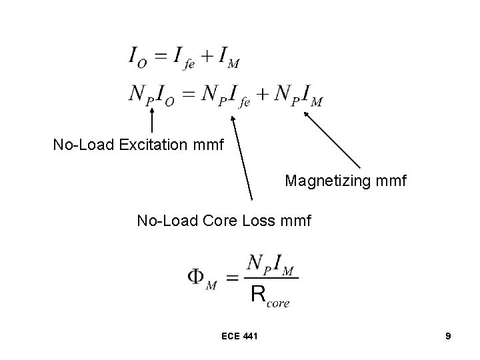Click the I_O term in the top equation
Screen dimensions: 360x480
138,59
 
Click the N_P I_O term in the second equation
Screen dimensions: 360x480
151,96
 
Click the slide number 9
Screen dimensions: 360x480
448,337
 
